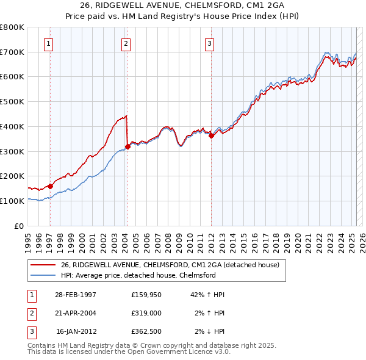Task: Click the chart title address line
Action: [x=182, y=5]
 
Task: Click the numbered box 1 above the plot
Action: [x=48, y=43]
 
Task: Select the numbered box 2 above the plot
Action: [x=125, y=43]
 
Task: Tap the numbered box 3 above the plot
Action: [x=209, y=43]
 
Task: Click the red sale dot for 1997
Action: [x=50, y=186]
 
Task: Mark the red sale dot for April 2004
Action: [x=127, y=146]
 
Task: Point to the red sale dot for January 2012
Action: [x=211, y=135]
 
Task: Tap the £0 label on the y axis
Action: [x=19, y=226]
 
